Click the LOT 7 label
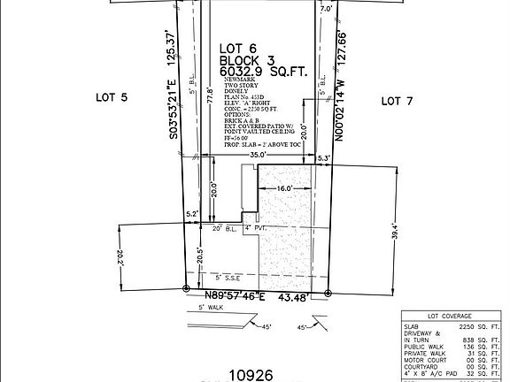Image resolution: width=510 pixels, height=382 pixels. point(397,102)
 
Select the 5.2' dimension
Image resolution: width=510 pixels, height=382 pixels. point(191,214)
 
